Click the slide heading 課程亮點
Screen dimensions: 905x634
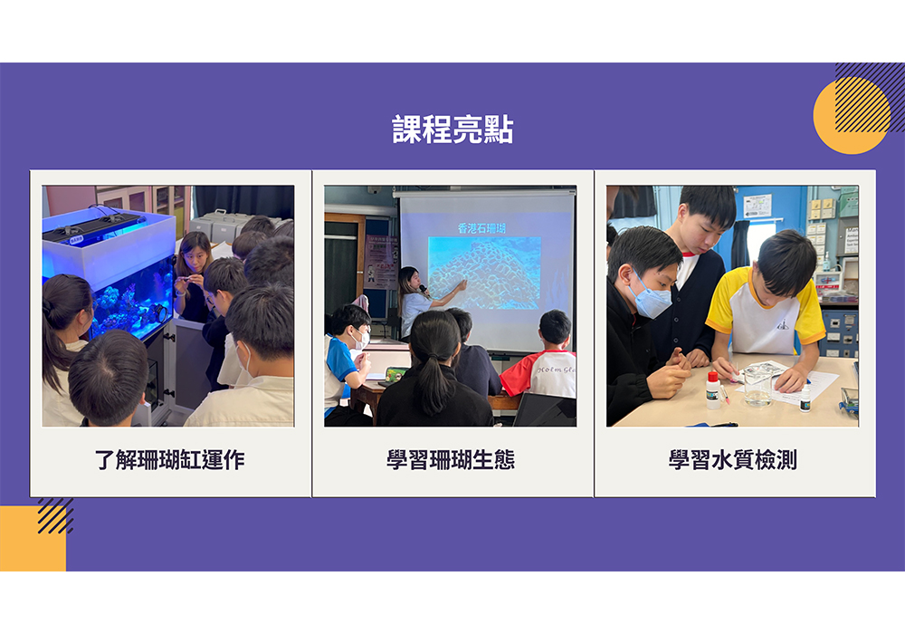click(452, 129)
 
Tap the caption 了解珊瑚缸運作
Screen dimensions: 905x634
click(170, 460)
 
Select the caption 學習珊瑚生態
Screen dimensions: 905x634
click(451, 460)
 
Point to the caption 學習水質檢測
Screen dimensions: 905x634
click(733, 460)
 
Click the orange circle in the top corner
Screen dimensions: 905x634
click(852, 116)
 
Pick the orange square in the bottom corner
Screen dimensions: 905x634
click(33, 539)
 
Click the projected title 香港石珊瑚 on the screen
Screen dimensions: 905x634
click(481, 228)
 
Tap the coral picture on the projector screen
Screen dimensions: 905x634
click(484, 273)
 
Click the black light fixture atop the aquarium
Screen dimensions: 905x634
click(92, 227)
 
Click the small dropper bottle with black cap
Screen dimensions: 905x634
click(805, 399)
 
